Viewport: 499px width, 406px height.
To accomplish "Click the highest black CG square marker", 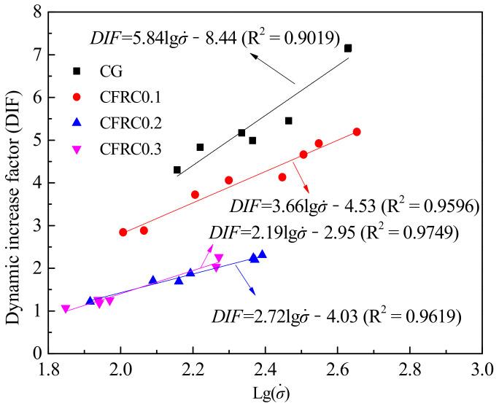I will click(348, 48).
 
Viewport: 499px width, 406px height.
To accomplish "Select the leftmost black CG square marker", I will click(177, 170).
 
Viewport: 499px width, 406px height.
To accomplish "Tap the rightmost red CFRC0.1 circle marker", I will click(357, 132).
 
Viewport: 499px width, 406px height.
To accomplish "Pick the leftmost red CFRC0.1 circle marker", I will click(123, 233).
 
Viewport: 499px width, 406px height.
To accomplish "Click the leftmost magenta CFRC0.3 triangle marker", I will click(66, 309).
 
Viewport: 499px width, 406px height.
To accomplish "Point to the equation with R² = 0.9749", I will click(333, 233).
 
